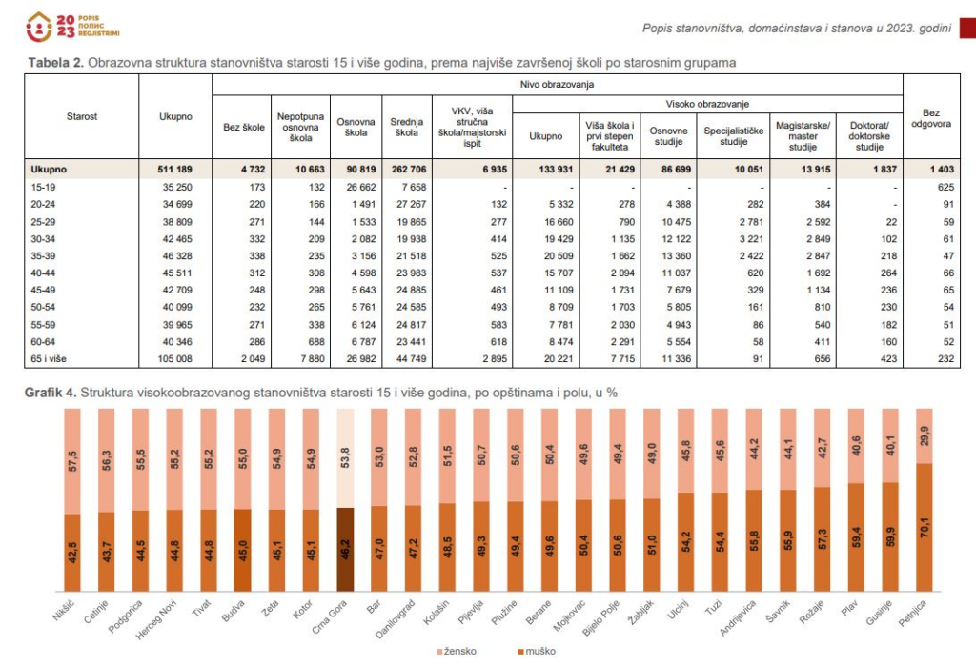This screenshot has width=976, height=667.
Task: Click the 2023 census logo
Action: click(72, 27)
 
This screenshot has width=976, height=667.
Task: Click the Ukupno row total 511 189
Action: click(175, 170)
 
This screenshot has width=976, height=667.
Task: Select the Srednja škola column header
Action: click(406, 127)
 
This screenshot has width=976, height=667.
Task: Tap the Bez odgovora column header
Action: click(931, 118)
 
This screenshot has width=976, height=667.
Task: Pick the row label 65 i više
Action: click(49, 359)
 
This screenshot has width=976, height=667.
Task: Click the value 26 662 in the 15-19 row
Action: click(356, 187)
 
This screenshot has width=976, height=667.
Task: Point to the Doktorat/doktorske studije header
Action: click(869, 136)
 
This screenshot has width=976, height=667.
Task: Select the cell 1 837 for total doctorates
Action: click(884, 170)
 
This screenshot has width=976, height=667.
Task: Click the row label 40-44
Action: click(43, 273)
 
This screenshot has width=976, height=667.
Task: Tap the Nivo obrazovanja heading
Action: click(557, 84)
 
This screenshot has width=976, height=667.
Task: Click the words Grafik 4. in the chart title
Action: click(51, 393)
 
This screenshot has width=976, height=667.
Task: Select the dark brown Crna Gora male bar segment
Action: click(345, 550)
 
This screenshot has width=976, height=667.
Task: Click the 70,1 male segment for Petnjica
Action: click(925, 527)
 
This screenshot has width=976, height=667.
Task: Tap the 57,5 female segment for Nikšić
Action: click(72, 461)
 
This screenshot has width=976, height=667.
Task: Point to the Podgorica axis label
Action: click(126, 616)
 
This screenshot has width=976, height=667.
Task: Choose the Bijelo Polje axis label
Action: click(601, 617)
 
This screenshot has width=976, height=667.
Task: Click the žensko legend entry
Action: click(457, 651)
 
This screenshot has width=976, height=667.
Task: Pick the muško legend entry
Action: click(537, 651)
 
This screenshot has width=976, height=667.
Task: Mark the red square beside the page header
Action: click(968, 29)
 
